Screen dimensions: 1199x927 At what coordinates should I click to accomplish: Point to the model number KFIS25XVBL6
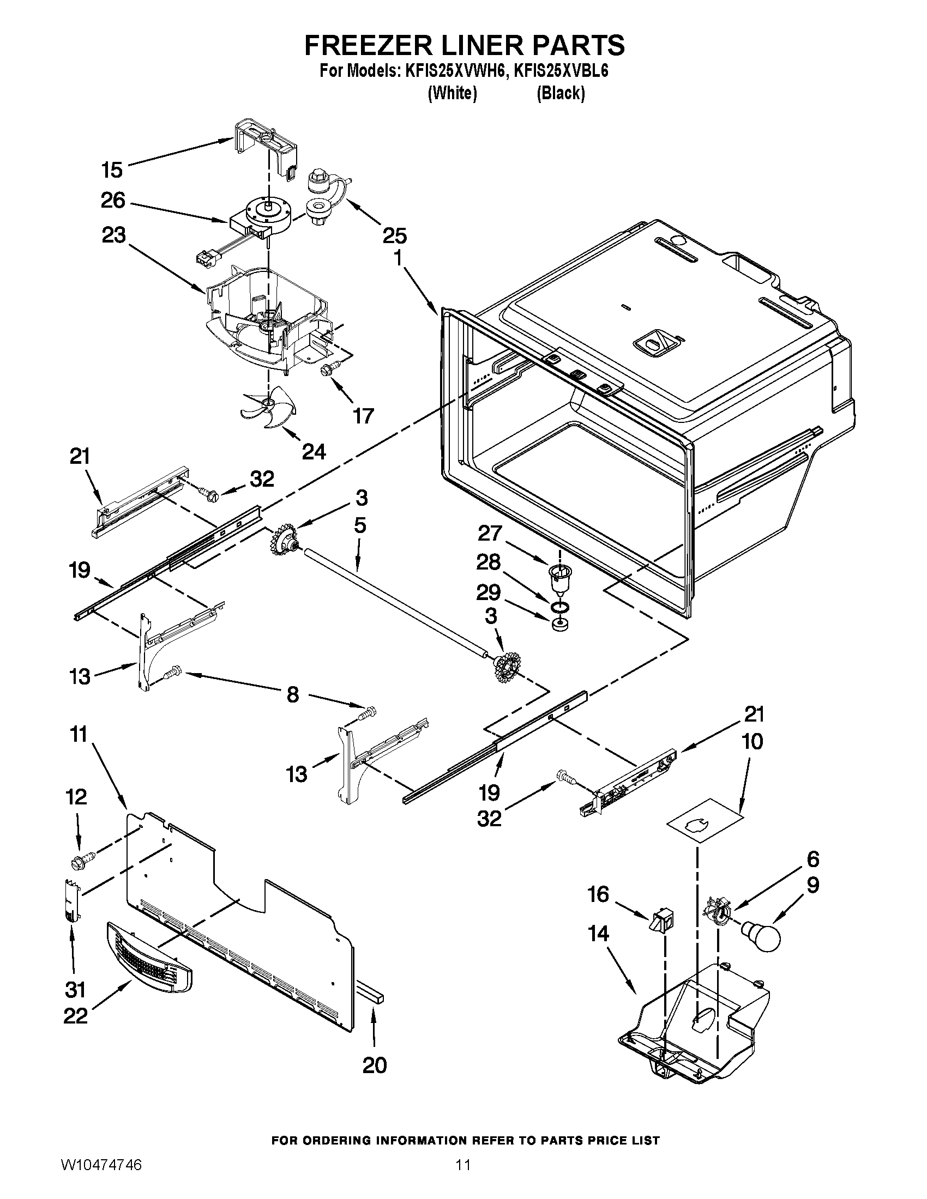[x=560, y=71]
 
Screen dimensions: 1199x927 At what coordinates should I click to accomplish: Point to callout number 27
[x=490, y=533]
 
